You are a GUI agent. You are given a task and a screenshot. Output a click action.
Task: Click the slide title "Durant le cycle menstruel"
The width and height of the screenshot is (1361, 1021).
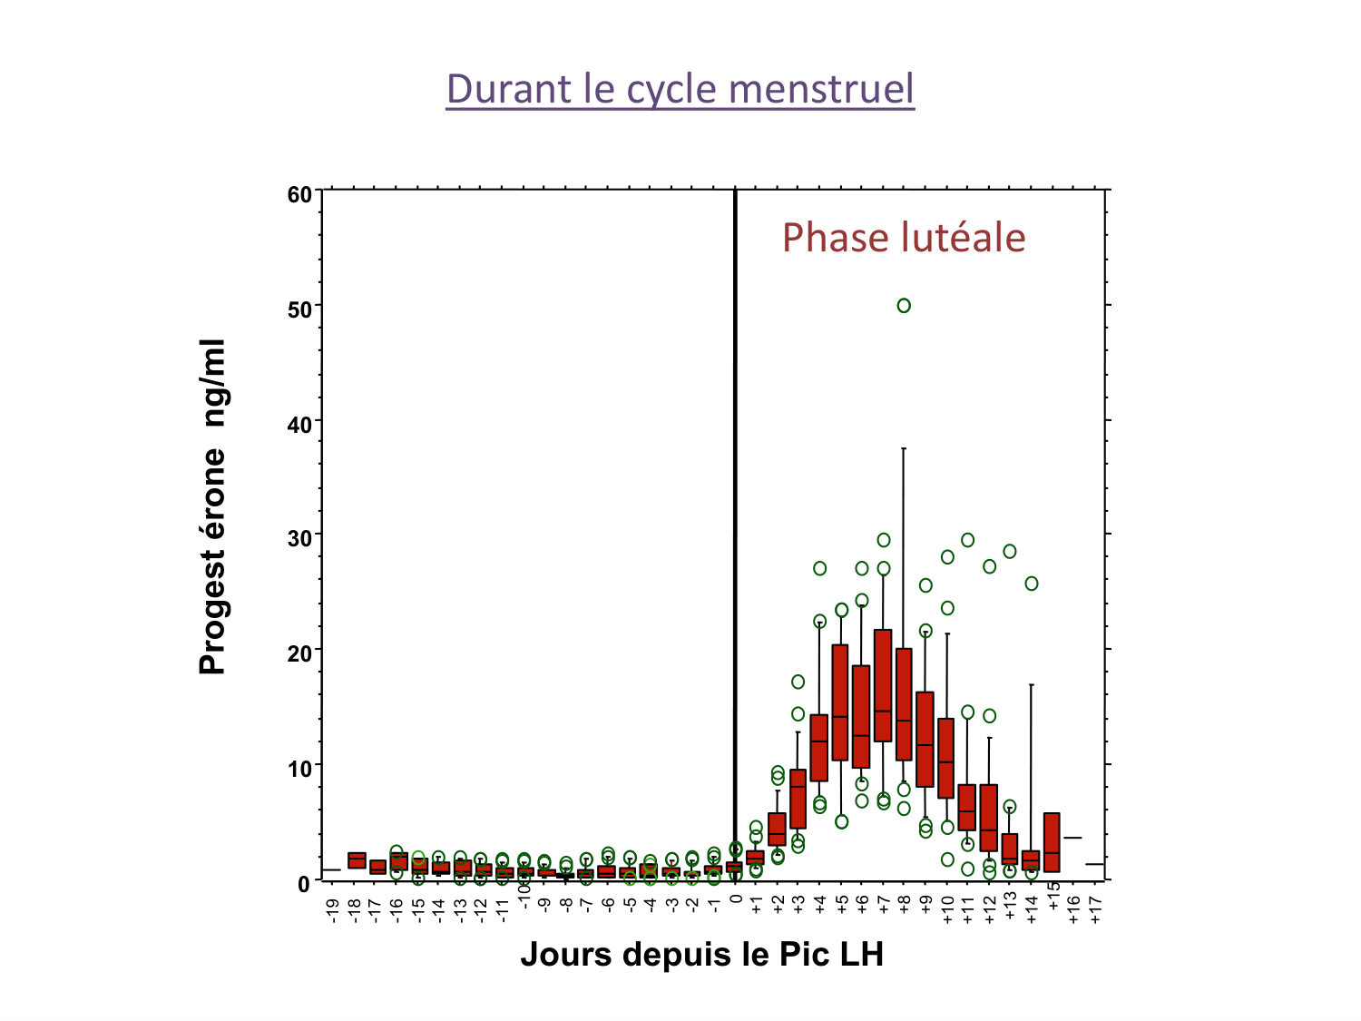pyautogui.click(x=680, y=89)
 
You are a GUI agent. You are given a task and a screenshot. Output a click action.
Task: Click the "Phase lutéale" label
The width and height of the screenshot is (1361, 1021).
pyautogui.click(x=904, y=238)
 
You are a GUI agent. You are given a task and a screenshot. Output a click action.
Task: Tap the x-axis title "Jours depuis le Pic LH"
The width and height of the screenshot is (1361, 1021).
pyautogui.click(x=701, y=955)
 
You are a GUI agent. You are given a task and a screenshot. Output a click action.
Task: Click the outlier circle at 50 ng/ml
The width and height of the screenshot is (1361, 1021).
pyautogui.click(x=904, y=306)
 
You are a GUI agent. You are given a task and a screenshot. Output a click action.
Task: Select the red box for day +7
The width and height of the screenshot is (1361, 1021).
pyautogui.click(x=883, y=685)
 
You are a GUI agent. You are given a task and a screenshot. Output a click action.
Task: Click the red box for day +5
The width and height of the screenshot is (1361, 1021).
pyautogui.click(x=840, y=702)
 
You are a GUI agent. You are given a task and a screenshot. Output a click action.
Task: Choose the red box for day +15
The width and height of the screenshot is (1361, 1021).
pyautogui.click(x=1052, y=842)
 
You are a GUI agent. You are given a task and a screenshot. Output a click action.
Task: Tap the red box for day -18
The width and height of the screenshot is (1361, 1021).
pyautogui.click(x=357, y=860)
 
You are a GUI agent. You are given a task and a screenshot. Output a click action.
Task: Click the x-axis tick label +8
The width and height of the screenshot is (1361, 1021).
pyautogui.click(x=905, y=906)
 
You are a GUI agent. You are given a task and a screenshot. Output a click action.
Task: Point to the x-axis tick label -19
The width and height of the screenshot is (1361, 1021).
pyautogui.click(x=334, y=909)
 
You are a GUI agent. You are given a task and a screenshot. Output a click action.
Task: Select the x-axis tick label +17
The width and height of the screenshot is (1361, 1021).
pyautogui.click(x=1096, y=909)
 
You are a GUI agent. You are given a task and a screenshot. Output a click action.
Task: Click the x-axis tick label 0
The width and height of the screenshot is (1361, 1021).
pyautogui.click(x=736, y=900)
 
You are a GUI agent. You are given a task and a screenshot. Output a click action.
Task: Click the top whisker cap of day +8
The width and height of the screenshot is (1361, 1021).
pyautogui.click(x=904, y=448)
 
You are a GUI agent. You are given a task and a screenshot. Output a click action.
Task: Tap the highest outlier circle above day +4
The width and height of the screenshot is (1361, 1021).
pyautogui.click(x=819, y=568)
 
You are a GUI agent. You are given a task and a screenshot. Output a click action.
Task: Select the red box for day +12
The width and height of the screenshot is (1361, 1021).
pyautogui.click(x=989, y=817)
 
